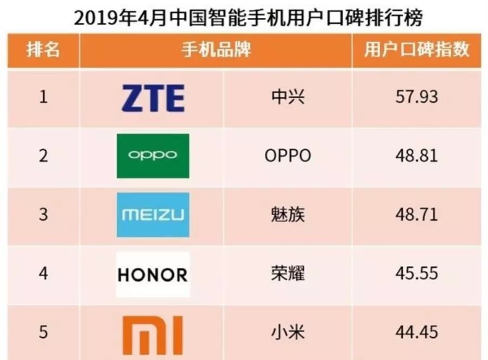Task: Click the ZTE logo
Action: click(x=153, y=98)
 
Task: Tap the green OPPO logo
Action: click(x=153, y=156)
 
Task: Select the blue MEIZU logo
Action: click(x=153, y=215)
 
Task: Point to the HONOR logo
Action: click(x=153, y=274)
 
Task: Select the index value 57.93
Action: click(x=417, y=98)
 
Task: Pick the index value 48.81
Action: click(x=417, y=156)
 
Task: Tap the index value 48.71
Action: click(x=417, y=215)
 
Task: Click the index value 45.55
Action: click(x=417, y=273)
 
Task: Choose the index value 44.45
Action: click(x=417, y=332)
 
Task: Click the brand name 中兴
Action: click(x=288, y=98)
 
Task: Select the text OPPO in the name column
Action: click(x=288, y=156)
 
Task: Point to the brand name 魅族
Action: click(x=288, y=215)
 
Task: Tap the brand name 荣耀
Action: click(x=288, y=273)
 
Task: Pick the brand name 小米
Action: click(x=288, y=332)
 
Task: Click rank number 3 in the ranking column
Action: click(x=43, y=215)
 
